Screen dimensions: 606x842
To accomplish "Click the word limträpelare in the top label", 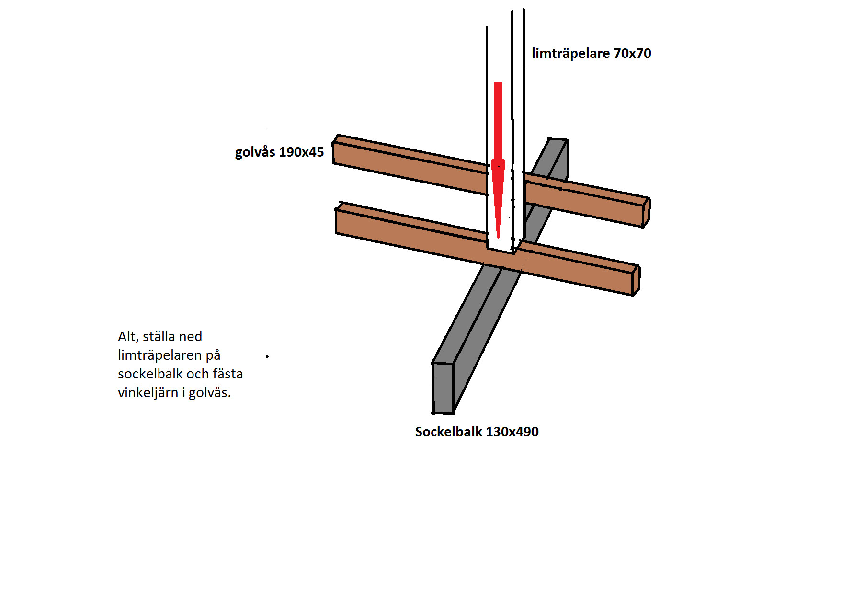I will (x=570, y=53).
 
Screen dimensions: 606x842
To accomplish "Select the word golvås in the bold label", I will (x=255, y=152).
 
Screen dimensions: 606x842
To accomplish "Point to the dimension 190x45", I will (x=301, y=152).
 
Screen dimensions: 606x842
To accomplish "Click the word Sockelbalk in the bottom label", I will (x=448, y=432).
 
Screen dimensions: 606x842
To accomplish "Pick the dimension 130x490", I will (x=512, y=432).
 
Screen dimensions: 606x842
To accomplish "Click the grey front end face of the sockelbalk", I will (x=443, y=388).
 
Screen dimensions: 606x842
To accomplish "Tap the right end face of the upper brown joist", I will (x=646, y=212).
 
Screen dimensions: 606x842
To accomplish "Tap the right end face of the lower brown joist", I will (x=636, y=281).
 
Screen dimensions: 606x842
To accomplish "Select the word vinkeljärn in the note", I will (x=148, y=393).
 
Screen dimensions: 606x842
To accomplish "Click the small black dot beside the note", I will (x=267, y=356).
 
